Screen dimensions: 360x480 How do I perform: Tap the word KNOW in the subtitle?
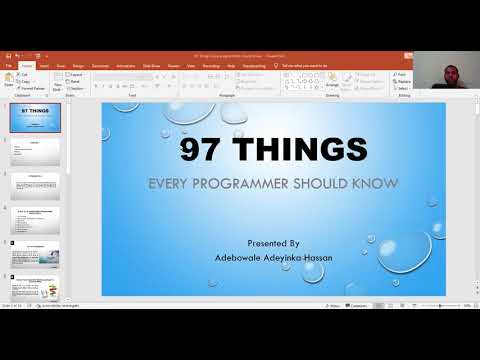pyautogui.click(x=379, y=183)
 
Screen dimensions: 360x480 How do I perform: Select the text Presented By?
pyautogui.click(x=272, y=242)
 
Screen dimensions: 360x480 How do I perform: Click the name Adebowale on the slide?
pyautogui.click(x=241, y=256)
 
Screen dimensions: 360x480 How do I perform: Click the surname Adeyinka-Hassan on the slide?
pyautogui.click(x=300, y=256)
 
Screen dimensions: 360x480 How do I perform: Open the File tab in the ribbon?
pyautogui.click(x=9, y=65)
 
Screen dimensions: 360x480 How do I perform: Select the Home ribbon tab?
pyautogui.click(x=27, y=65)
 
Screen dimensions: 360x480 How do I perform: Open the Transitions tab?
pyautogui.click(x=101, y=65)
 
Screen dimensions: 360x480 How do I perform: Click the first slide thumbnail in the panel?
pyautogui.click(x=35, y=117)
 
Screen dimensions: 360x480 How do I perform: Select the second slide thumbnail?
pyautogui.click(x=35, y=152)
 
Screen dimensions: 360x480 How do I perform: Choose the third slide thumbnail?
pyautogui.click(x=35, y=186)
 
